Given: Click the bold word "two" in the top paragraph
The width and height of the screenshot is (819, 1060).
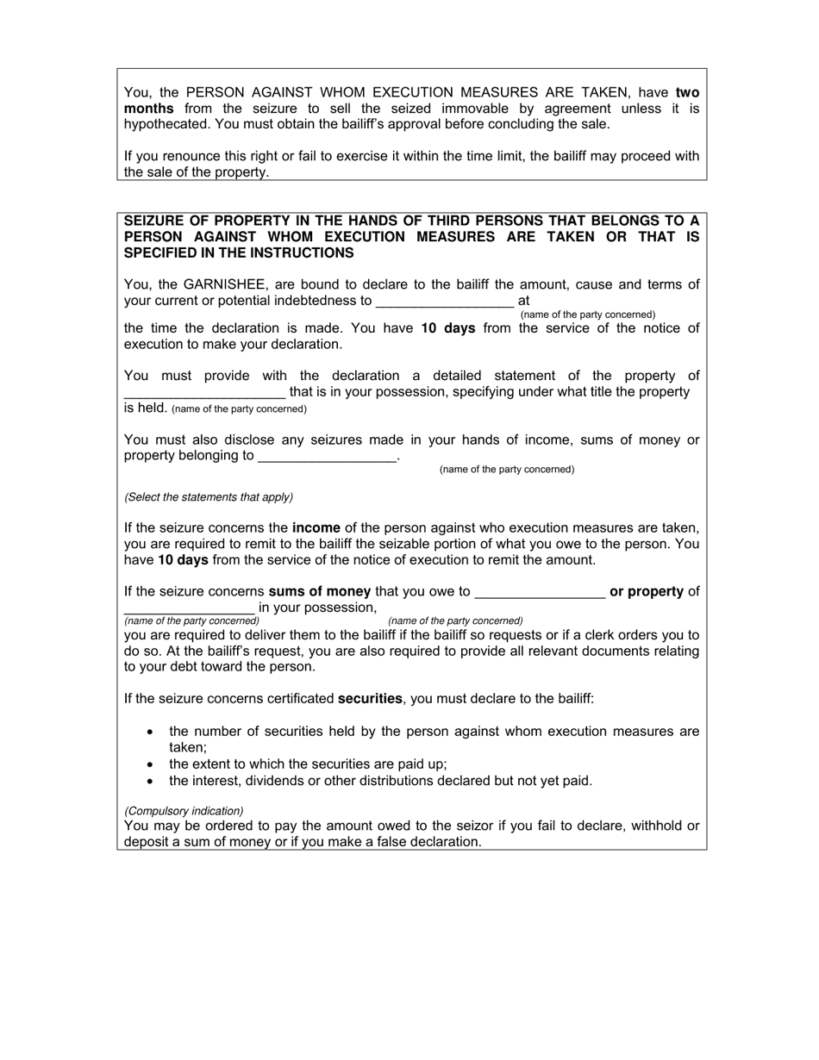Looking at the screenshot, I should coord(687,92).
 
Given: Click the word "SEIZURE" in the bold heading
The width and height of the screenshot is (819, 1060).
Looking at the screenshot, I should coord(155,221).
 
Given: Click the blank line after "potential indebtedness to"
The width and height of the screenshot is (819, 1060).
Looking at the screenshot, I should coord(445,302).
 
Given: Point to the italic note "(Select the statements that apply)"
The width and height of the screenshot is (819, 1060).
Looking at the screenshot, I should coord(209,497).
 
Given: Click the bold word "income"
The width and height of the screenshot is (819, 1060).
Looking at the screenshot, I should coord(316,527).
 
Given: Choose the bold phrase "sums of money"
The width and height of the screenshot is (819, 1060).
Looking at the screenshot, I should coord(320,592).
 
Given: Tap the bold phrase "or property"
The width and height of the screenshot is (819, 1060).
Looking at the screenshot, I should coord(647,592).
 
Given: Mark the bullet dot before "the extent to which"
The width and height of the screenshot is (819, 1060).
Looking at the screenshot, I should coord(151,764).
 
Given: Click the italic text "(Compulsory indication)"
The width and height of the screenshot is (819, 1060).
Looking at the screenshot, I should coord(184,811).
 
